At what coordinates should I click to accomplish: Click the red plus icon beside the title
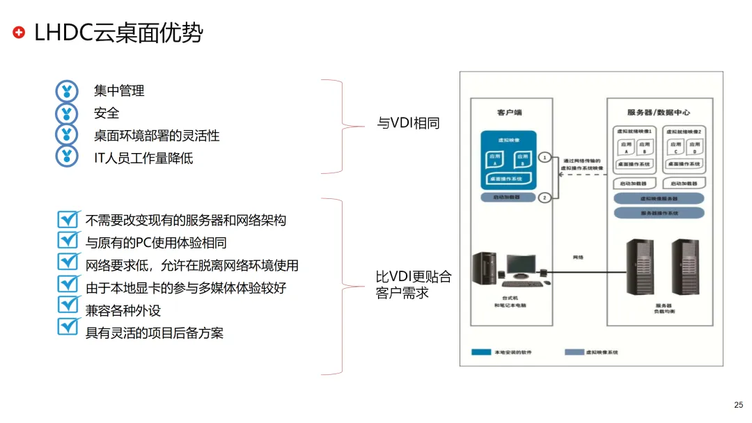coord(19,32)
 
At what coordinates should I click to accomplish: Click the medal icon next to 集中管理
coord(67,90)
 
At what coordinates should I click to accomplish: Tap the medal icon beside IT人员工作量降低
coord(67,157)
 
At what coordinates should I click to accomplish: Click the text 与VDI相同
coord(408,124)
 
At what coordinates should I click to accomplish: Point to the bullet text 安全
coord(107,113)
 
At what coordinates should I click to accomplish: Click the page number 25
coord(739,405)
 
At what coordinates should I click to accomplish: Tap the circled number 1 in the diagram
coord(545,157)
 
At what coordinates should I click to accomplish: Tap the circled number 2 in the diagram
coord(545,198)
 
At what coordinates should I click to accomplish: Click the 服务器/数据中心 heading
coord(658,111)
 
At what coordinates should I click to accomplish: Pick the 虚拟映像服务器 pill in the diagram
coord(659,198)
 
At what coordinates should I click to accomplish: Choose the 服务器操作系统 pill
coord(659,213)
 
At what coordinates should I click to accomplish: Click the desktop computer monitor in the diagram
coord(519,265)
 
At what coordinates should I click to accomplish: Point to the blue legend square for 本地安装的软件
coord(481,352)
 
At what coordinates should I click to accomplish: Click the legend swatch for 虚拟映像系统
coord(574,352)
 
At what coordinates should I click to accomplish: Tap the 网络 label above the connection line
coord(577,257)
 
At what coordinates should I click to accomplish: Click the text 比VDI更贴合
coord(414,277)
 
